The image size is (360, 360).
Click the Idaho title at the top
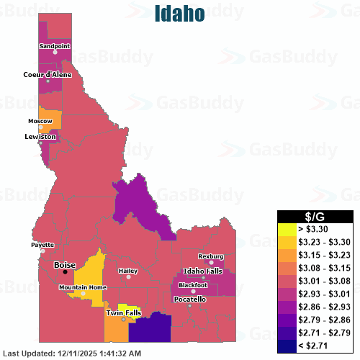[180, 13]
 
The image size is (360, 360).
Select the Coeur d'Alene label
[48, 74]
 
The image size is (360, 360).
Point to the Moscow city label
[40, 121]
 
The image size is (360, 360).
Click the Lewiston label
[40, 136]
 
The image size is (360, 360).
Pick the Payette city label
[42, 245]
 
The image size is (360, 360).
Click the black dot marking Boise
[65, 272]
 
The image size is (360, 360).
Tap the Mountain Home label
[83, 287]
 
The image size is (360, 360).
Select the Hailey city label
[127, 271]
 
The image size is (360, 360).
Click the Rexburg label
[211, 256]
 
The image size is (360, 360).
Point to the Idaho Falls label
[204, 270]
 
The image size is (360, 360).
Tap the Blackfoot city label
[192, 285]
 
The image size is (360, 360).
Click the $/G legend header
[317, 216]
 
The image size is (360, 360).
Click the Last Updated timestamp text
[73, 354]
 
